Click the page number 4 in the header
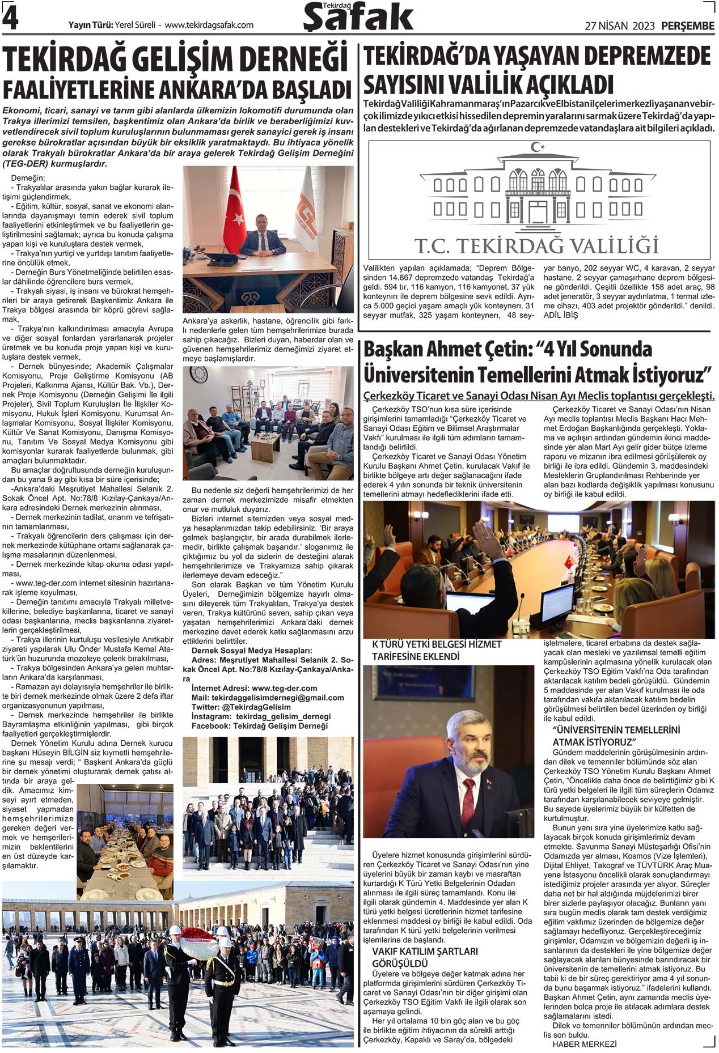point(10,19)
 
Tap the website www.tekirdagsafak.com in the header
point(209,25)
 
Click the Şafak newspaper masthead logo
point(358,17)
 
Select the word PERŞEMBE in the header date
point(687,26)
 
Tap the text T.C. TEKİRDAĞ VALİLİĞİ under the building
point(536,246)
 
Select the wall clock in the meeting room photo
point(199,375)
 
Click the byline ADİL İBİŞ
point(561,315)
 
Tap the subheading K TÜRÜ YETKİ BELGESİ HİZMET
point(437,644)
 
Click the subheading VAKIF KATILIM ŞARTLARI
point(425,951)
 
